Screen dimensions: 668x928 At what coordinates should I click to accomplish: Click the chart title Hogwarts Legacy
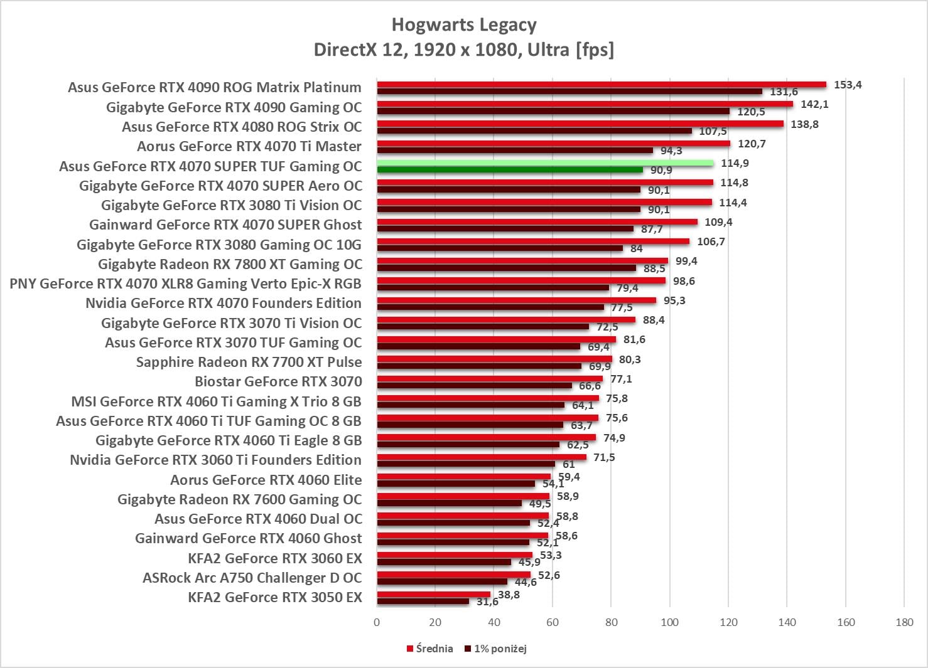464,25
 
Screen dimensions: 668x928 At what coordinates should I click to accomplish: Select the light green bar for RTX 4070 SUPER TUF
545,163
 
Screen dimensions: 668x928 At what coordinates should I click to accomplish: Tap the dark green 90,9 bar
510,170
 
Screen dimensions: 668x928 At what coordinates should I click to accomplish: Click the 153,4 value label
848,85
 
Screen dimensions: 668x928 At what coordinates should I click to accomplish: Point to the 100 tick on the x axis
669,622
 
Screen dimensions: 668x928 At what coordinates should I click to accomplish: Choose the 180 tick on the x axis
904,622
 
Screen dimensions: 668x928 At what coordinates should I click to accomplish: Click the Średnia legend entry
430,649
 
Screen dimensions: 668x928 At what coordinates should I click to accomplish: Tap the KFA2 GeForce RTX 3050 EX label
275,597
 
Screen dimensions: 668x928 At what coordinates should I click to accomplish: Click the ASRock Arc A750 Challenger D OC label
252,578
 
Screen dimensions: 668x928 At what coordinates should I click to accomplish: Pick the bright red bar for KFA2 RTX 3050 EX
433,594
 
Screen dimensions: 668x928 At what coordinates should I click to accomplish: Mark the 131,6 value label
784,92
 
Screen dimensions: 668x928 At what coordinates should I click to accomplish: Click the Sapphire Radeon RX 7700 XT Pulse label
249,362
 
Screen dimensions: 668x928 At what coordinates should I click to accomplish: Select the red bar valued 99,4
522,261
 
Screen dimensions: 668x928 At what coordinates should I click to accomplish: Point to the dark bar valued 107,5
534,131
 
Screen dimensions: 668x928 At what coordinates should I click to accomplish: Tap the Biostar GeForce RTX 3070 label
278,381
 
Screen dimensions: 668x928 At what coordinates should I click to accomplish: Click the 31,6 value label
487,602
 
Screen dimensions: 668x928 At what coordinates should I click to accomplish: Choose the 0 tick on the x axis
377,622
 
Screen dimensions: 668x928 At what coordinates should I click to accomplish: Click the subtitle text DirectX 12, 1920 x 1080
464,49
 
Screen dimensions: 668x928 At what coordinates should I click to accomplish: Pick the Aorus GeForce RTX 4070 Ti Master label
249,146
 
